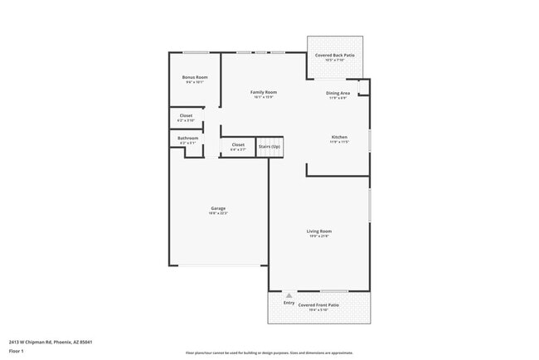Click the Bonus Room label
(x=196, y=77)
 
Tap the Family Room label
(x=265, y=92)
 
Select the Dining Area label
(x=337, y=93)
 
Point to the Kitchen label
(x=339, y=137)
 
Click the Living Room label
(x=319, y=231)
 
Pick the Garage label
(x=218, y=208)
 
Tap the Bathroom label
(x=187, y=138)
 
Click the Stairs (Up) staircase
(x=269, y=146)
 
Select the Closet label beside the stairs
(x=238, y=145)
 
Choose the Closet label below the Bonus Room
(x=187, y=116)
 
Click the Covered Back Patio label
(x=335, y=55)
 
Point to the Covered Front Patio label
(x=319, y=304)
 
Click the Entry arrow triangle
(x=289, y=294)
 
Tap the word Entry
(x=289, y=303)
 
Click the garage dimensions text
(x=218, y=213)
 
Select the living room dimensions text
(x=319, y=236)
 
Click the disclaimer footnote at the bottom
(x=269, y=353)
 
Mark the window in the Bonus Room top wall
(x=196, y=53)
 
